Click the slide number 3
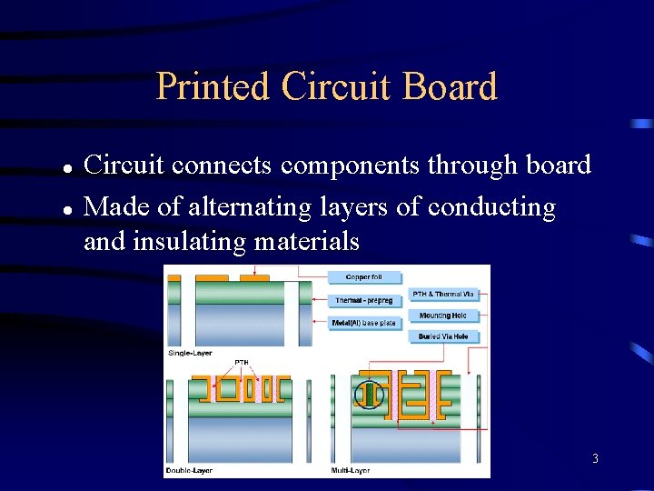595,459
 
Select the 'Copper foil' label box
363,277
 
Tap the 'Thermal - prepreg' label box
363,300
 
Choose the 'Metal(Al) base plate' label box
363,323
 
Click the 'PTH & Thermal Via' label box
443,294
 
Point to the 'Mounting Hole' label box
443,316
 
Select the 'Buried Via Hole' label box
443,336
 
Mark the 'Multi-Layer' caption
351,470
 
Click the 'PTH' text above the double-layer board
242,363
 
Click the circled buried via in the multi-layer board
370,395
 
